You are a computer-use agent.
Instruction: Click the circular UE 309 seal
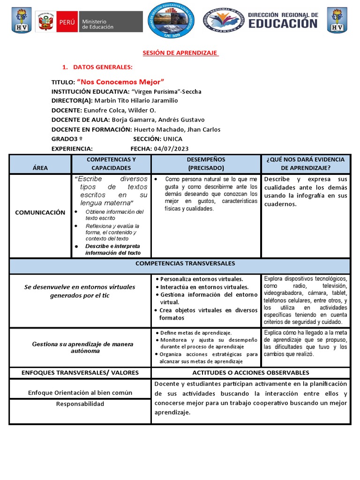pos(171,21)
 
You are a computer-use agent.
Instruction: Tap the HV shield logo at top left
pos(21,21)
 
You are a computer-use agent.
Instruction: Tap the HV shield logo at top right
pos(337,21)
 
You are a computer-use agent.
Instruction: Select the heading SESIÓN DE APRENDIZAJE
pos(180,53)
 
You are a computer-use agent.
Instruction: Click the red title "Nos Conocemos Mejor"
pos(120,82)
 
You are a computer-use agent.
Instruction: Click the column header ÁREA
pos(40,167)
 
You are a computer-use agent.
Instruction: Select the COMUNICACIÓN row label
pos(40,212)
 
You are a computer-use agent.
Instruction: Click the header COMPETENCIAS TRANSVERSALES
pos(185,263)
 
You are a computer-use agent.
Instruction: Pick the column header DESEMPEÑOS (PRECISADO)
pos(206,164)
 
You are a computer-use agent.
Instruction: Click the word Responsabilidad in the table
pos(80,404)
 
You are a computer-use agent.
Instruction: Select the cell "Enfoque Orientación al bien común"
pos(80,392)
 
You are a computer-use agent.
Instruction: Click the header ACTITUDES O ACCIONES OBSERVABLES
pos(251,373)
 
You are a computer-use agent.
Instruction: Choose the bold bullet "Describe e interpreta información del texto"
pos(112,249)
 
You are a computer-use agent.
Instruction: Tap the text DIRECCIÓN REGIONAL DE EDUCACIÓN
pos(283,21)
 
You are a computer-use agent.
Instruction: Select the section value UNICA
pos(172,139)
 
